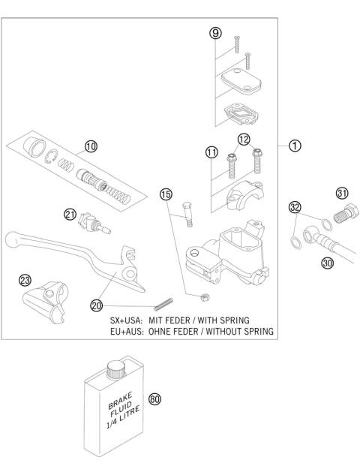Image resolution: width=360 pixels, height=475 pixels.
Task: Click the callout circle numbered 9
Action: pos(215,34)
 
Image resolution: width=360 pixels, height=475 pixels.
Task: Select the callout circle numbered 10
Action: pos(91,147)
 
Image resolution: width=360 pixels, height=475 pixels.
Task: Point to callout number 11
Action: pos(211,153)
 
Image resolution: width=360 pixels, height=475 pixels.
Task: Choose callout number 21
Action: pos(70,215)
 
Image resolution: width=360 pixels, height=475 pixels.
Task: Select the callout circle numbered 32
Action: pos(295,207)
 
